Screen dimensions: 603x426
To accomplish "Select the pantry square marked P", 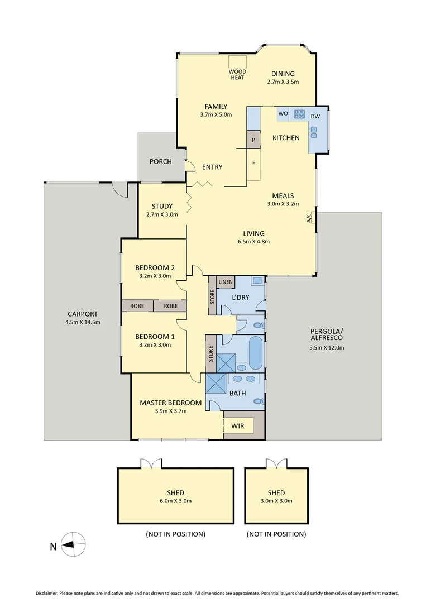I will pos(253,140).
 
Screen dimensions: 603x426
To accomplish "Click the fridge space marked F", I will pos(253,164).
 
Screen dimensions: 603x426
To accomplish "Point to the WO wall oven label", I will pos(283,113).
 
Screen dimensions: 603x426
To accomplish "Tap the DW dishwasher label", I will pos(315,116).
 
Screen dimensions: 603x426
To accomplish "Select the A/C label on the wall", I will pos(309,218).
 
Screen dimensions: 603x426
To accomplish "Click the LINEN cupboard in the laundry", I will pos(226,282).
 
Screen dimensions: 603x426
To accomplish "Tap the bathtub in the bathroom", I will pos(255,353).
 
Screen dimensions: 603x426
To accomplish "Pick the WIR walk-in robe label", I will pos(238,426).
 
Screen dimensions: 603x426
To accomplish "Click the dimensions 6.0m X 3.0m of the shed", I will pos(175,501).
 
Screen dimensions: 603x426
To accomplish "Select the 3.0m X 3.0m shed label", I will pos(276,501).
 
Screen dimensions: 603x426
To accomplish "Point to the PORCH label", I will pos(160,162).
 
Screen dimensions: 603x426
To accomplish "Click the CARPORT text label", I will pos(83,314).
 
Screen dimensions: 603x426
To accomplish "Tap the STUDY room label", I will pos(162,206).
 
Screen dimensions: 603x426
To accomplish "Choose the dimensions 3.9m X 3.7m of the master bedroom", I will pos(170,411).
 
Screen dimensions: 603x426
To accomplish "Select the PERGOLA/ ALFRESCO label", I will pos(326,334).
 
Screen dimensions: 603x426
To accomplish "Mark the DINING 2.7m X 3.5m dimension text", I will pos(283,82).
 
